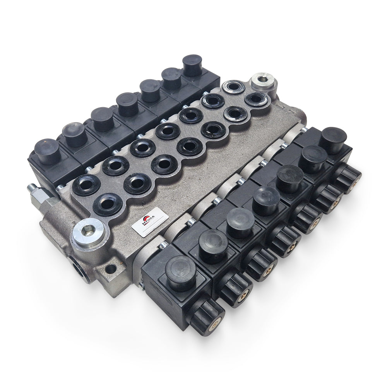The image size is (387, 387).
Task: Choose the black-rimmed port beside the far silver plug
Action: click(256, 99)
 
